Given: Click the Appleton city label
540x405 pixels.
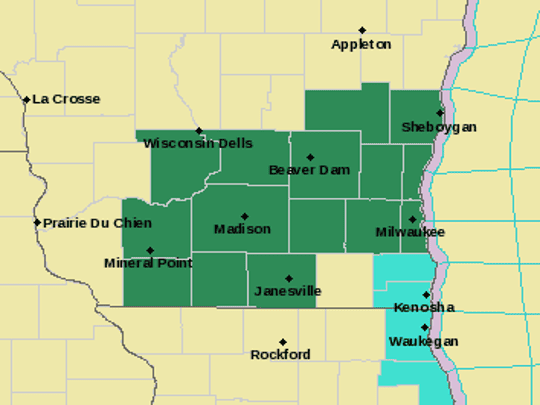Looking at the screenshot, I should coord(362,45).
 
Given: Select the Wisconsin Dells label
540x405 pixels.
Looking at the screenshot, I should coord(198,144).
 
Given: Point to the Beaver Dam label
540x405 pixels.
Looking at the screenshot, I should coord(310,170).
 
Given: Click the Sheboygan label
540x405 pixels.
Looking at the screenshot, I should coord(439,127).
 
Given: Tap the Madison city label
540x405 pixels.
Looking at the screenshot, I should coord(242,229).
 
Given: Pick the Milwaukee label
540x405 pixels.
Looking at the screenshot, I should coord(410,232).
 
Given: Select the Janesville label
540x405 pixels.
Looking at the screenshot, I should coord(288,291).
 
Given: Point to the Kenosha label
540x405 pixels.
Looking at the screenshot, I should coord(424,307).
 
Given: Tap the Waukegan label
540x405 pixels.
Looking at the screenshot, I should coord(424,341).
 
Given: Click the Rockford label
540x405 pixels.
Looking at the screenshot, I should coord(280,355).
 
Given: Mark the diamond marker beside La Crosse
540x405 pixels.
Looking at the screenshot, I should coord(26,99).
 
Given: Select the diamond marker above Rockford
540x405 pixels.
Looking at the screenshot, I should coord(283,342).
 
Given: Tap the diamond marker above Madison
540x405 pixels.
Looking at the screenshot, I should coord(245,216).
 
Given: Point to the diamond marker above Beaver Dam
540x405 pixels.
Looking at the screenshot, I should coord(310,157).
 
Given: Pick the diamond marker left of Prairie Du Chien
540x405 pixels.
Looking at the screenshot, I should coord(37,223).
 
